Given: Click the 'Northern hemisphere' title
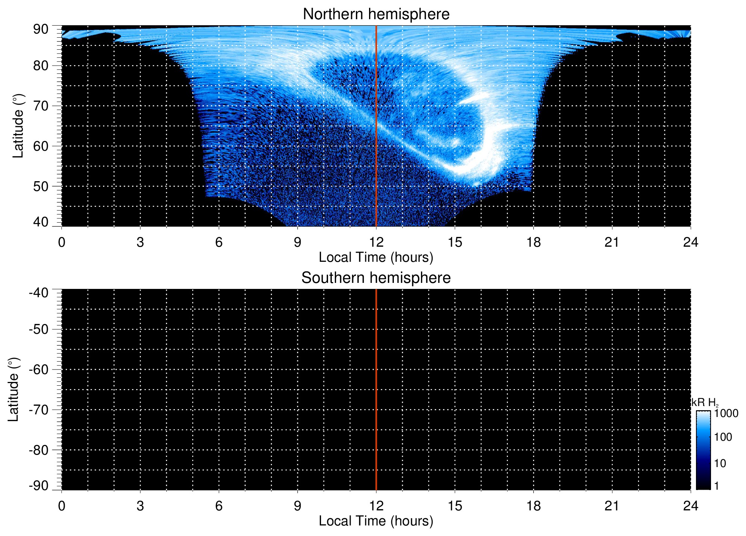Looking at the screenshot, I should click(x=376, y=14).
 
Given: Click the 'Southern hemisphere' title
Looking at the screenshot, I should click(x=376, y=278).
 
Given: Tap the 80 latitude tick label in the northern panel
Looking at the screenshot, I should click(x=41, y=66).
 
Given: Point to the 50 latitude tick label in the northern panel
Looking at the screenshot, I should click(x=41, y=186).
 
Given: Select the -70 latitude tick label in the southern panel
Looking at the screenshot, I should click(x=38, y=410).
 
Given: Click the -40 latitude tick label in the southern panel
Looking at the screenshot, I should click(x=38, y=293).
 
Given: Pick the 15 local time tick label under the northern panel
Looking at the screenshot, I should click(x=455, y=242).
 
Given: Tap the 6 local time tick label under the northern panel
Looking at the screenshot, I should click(x=219, y=242).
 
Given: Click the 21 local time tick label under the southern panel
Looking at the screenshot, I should click(x=612, y=506).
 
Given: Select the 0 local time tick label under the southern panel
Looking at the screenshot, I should click(x=62, y=506).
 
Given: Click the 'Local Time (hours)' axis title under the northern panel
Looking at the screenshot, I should click(x=376, y=258).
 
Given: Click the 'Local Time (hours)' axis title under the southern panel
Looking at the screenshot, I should click(x=376, y=521).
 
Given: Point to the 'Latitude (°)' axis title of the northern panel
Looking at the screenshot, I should click(x=18, y=126).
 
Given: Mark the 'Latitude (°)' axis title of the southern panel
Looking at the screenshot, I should click(x=13, y=390).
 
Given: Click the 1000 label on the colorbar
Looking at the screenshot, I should click(x=726, y=414).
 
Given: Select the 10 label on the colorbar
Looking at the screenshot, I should click(x=720, y=463).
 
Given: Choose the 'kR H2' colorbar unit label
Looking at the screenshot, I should click(x=705, y=403).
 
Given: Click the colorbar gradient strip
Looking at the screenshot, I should click(x=703, y=450).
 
